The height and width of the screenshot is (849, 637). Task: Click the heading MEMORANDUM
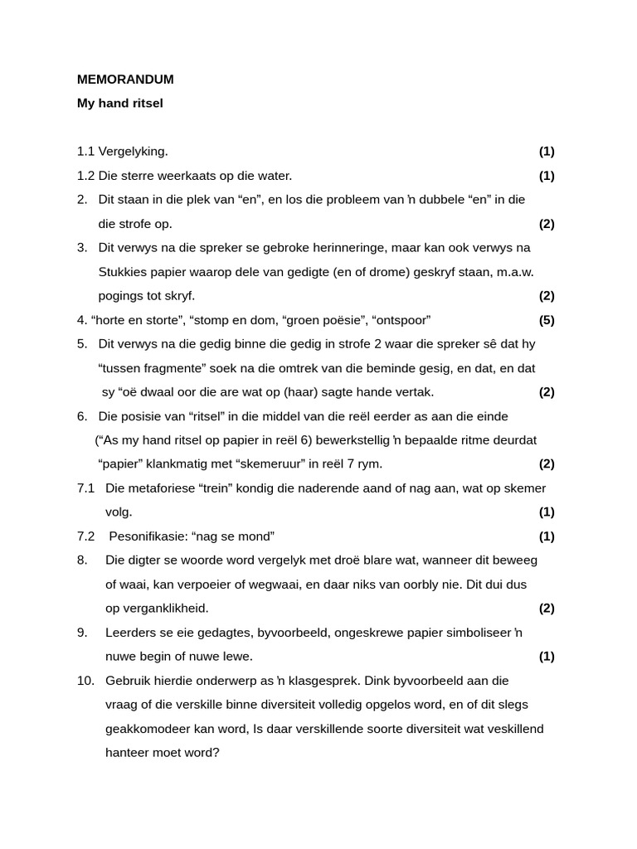pos(125,80)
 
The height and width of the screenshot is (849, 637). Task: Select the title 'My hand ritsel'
pos(120,104)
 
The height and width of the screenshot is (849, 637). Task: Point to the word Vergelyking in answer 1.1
pos(133,152)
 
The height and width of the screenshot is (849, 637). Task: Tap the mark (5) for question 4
pos(547,320)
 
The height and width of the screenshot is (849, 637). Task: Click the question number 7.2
pos(86,536)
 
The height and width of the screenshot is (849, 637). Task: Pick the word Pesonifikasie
pos(146,536)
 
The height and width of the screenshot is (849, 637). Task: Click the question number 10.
pos(86,681)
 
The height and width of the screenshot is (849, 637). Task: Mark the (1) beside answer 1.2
pos(547,176)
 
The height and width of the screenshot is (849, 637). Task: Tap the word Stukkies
pos(123,272)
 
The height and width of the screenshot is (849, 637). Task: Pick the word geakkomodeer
pos(144,729)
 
